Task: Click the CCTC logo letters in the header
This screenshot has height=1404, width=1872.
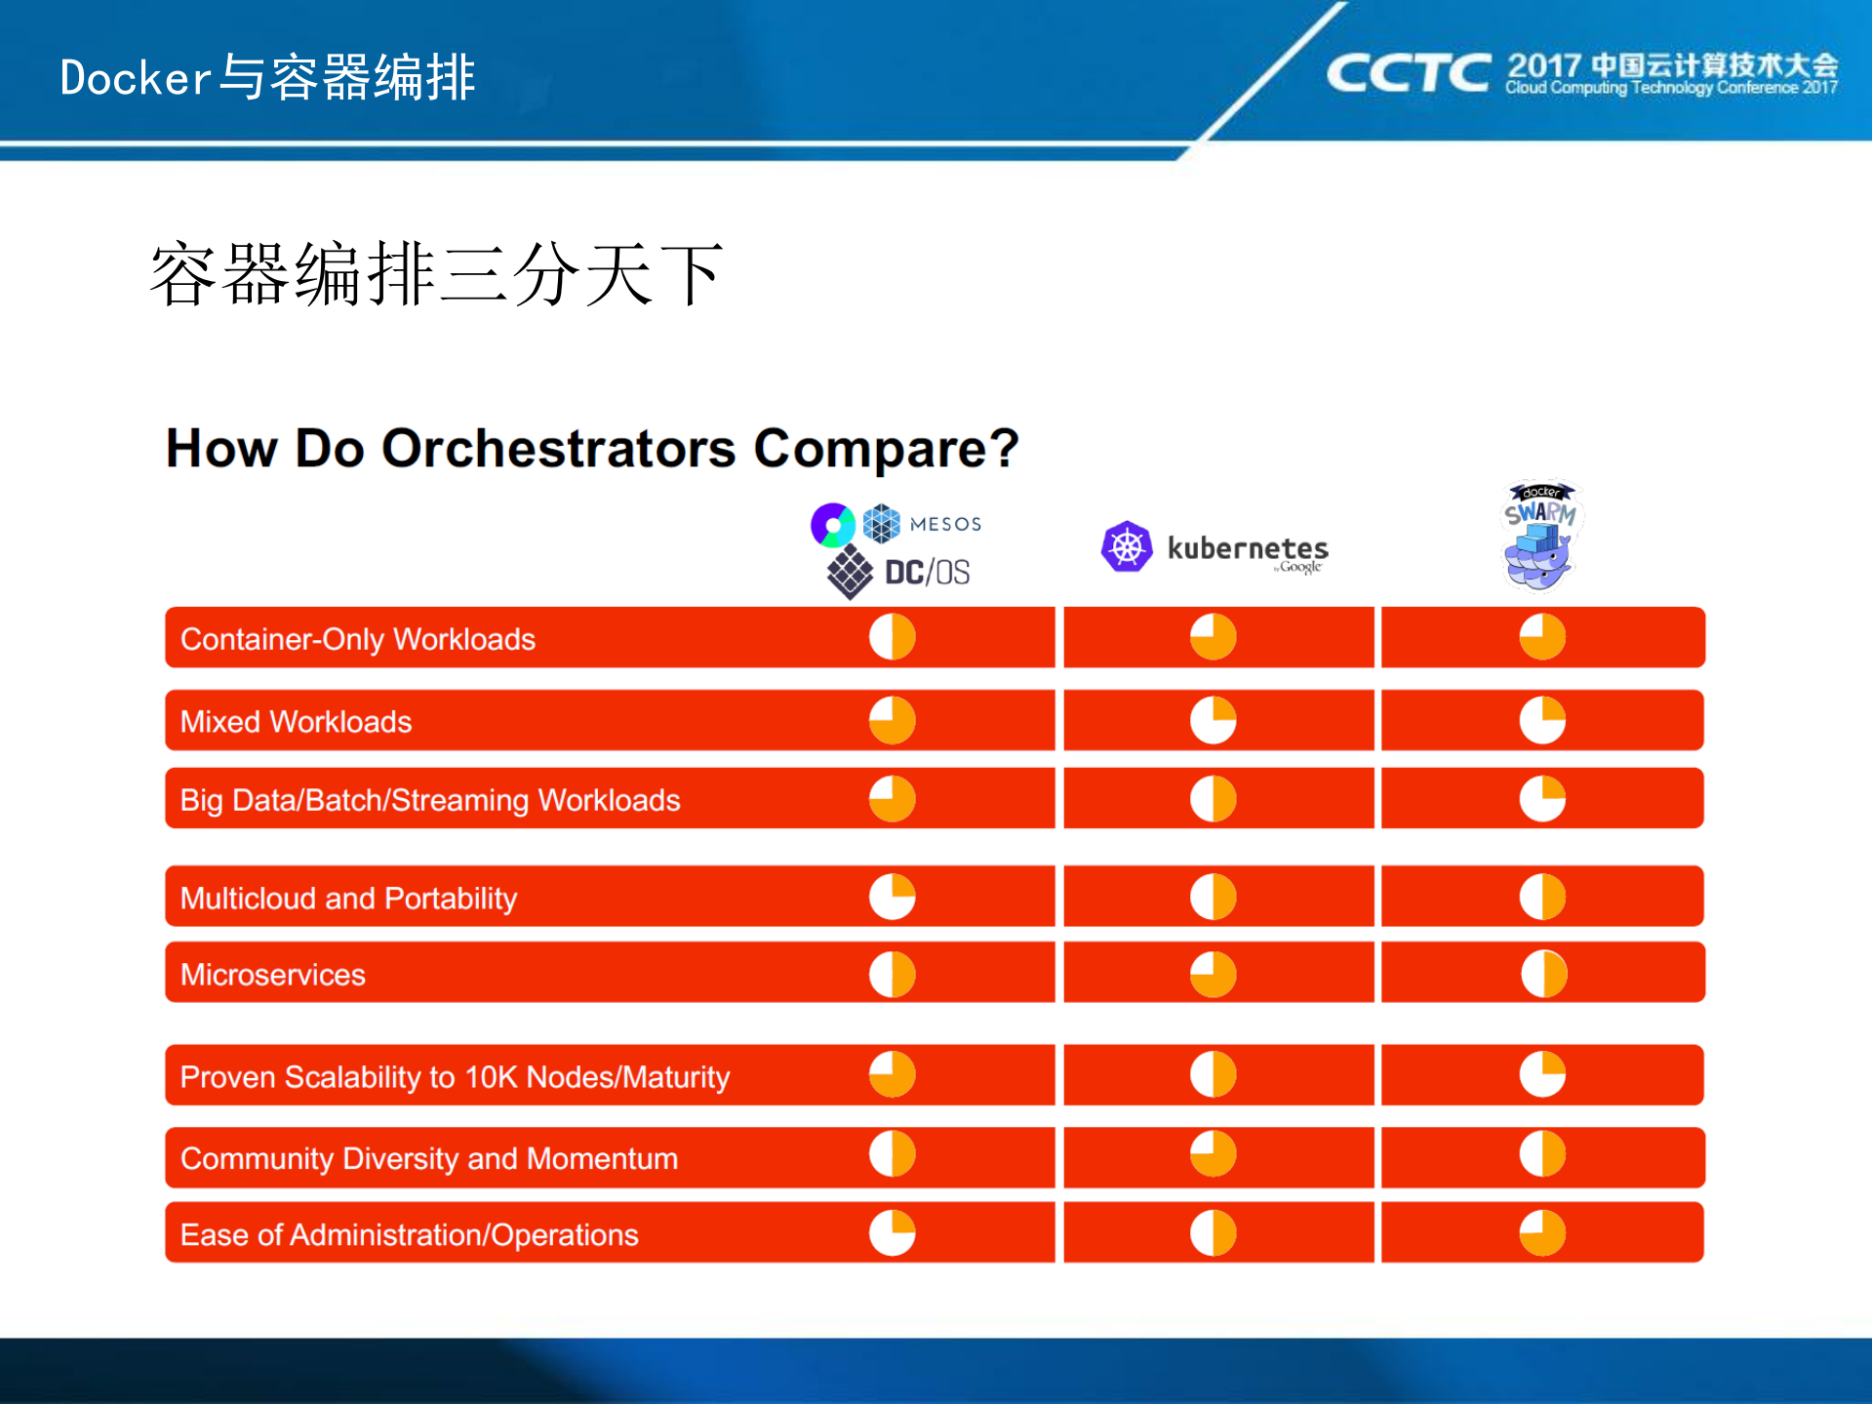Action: [x=1408, y=73]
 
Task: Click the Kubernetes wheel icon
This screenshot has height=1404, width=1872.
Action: [x=1127, y=546]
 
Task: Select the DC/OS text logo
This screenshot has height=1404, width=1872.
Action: [x=926, y=572]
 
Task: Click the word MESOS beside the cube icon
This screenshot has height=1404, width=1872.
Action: [x=945, y=524]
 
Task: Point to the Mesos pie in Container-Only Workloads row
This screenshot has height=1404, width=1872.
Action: [x=893, y=637]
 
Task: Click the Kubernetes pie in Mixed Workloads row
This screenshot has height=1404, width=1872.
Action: [x=1214, y=720]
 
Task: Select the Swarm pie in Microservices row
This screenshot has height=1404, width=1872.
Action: [x=1543, y=974]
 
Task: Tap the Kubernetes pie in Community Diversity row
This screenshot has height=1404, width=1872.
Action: [x=1214, y=1154]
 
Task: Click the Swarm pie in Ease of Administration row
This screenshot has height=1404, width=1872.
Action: [x=1543, y=1232]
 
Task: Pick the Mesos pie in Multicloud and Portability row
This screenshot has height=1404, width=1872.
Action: [x=893, y=897]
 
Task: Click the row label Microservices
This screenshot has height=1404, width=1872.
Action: [x=273, y=975]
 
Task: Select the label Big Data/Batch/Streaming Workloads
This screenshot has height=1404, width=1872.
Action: [x=430, y=800]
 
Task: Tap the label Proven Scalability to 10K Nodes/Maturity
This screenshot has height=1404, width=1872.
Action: [x=455, y=1076]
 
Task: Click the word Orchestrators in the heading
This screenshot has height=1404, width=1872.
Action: [x=558, y=449]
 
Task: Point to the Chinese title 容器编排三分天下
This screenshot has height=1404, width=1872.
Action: [x=436, y=274]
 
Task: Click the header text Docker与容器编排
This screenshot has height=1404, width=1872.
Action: [x=267, y=77]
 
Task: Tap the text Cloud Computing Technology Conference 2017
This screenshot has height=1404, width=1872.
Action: [x=1670, y=88]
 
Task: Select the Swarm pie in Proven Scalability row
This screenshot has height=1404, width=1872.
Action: [x=1543, y=1074]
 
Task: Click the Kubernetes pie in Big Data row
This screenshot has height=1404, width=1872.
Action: [x=1214, y=799]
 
